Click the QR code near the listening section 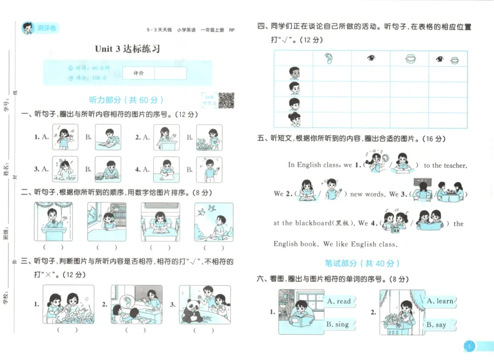point(226,100)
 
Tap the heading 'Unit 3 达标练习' point(127,49)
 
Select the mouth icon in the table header point(409,59)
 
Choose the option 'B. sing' point(337,324)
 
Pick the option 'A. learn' point(440,301)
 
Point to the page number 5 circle point(469,346)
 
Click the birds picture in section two point(214,222)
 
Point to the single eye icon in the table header point(371,59)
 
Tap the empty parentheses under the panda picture point(201,330)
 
